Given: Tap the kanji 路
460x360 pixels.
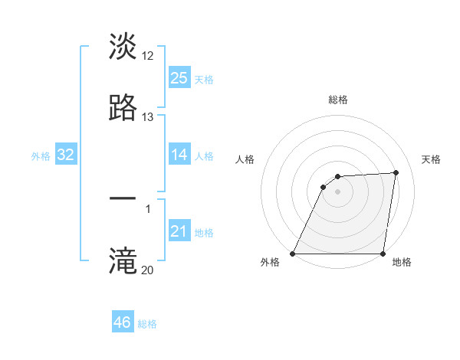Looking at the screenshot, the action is (x=123, y=108).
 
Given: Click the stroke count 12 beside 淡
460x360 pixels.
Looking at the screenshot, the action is (x=148, y=56).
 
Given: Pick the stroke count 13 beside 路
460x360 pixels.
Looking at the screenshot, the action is (x=148, y=117).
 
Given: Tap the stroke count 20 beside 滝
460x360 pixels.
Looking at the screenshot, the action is (x=148, y=270).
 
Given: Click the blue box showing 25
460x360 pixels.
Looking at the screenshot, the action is (x=179, y=78).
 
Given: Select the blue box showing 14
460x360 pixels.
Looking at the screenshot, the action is (x=179, y=155).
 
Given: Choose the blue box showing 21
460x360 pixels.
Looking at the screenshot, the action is (x=179, y=231).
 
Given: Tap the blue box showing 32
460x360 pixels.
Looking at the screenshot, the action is (x=66, y=155).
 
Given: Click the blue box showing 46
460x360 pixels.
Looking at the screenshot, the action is (x=122, y=322).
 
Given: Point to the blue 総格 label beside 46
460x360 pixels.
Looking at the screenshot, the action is (x=148, y=324).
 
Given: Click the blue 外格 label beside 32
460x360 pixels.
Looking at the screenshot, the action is (x=41, y=156).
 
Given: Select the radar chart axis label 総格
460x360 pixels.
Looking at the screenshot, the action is (x=338, y=100).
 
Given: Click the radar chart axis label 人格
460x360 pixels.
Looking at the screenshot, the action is (x=245, y=159).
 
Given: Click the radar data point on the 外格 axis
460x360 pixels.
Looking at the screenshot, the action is (x=293, y=254).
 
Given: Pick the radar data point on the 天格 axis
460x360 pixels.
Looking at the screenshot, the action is (x=396, y=172).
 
